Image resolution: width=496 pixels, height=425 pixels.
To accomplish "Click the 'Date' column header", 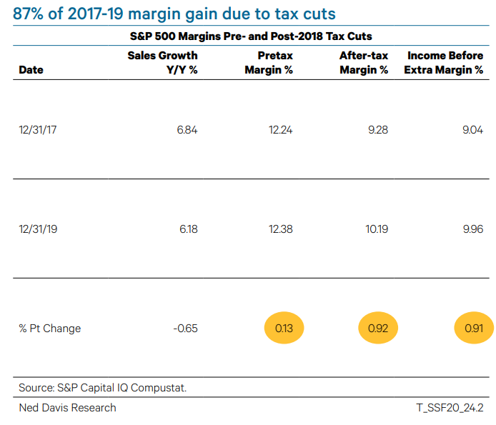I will coord(31,70).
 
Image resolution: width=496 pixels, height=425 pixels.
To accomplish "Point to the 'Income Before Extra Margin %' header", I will coord(445,62).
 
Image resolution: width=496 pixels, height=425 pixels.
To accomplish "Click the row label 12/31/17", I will coord(38,130).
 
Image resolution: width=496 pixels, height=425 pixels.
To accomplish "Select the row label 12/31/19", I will coord(38,229).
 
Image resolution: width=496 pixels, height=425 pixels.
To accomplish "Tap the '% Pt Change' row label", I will coord(49,329).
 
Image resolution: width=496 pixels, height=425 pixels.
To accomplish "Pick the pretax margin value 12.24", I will coord(279,130).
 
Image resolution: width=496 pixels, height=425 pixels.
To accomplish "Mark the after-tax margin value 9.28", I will coord(377,130).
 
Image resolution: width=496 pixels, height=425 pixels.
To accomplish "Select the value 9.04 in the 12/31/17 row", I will coord(472,130).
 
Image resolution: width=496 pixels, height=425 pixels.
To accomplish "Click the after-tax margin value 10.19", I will coord(376,229).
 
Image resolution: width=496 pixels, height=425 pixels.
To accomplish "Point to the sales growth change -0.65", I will coord(185,329).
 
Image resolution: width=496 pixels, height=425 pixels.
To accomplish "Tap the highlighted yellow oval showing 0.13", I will coord(284,329).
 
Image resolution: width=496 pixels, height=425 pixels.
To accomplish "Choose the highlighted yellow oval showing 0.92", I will coord(378,329).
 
